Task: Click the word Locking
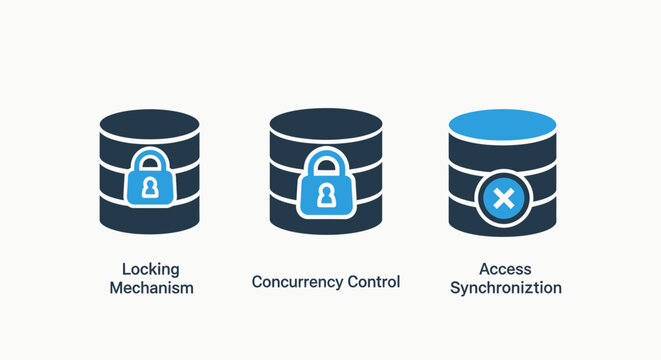(x=150, y=269)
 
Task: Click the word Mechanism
(x=150, y=288)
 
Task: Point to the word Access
(x=504, y=269)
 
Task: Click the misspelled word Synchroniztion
(x=505, y=288)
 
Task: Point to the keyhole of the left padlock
(x=150, y=187)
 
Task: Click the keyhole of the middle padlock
(x=325, y=196)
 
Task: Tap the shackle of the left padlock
(x=150, y=157)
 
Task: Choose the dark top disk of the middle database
(x=325, y=124)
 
